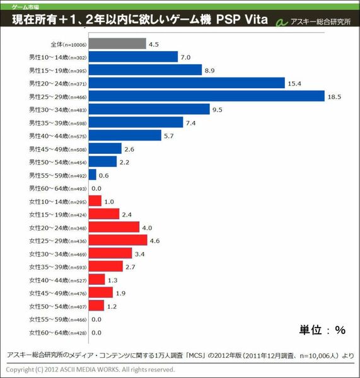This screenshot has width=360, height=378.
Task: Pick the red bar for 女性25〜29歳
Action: (118, 240)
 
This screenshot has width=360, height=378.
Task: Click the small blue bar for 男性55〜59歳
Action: (93, 175)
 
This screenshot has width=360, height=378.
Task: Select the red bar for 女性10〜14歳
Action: (95, 201)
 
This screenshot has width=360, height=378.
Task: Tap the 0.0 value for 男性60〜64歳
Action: (96, 188)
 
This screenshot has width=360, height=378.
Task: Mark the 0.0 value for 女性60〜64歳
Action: (96, 332)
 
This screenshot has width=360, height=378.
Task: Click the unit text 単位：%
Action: (322, 329)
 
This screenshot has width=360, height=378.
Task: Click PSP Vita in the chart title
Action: (239, 21)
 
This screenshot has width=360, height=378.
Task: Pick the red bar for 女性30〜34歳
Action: (110, 253)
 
